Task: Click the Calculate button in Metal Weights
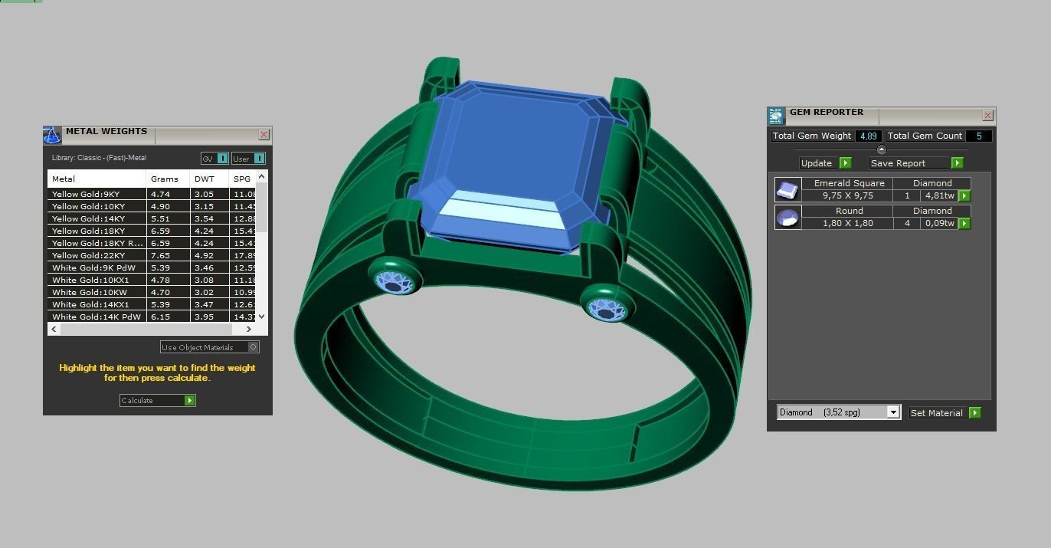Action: click(158, 400)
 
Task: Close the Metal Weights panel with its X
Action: click(264, 135)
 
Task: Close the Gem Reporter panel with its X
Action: click(987, 116)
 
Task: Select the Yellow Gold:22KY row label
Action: click(89, 255)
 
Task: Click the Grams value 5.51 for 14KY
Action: click(160, 218)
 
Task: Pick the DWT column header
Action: click(205, 179)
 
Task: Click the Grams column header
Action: click(165, 179)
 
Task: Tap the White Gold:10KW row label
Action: click(89, 292)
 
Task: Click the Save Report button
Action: click(915, 162)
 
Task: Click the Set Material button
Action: click(945, 412)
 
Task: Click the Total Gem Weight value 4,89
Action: click(868, 136)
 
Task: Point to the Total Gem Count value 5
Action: click(978, 136)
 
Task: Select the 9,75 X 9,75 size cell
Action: click(848, 195)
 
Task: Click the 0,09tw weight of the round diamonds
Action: click(939, 223)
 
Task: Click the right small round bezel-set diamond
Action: click(607, 307)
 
